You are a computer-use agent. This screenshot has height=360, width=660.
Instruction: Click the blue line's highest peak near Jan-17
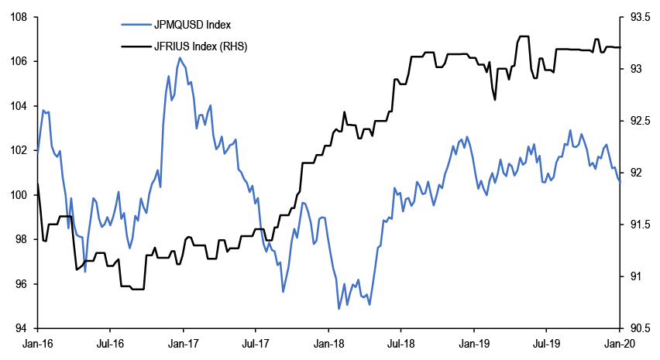point(180,57)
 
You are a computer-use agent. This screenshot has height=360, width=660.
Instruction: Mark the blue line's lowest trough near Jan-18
point(339,309)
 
